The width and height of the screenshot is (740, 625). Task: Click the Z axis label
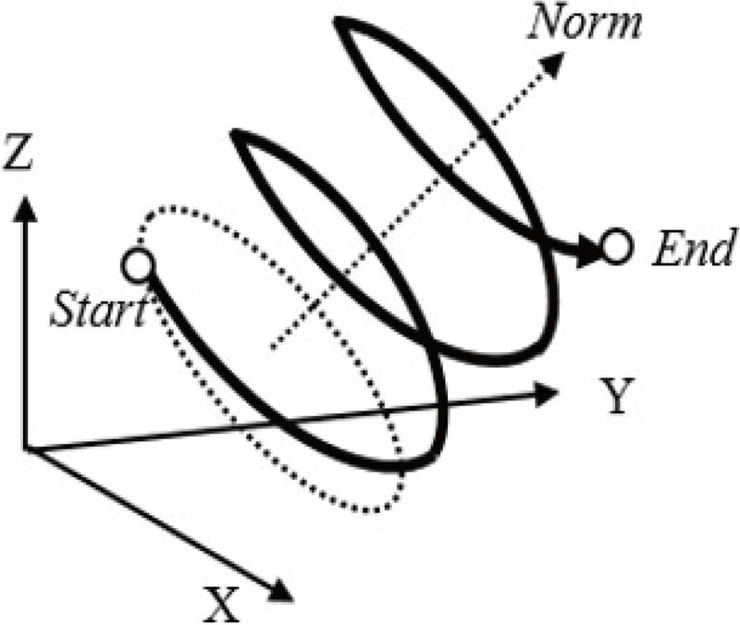[x=18, y=152]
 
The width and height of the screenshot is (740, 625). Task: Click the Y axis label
[x=616, y=396]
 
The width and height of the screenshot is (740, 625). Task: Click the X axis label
[x=221, y=605]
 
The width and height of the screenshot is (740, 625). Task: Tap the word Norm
[x=586, y=24]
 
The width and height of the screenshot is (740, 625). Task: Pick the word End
[x=694, y=248]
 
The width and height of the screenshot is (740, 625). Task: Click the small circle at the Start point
[x=137, y=265]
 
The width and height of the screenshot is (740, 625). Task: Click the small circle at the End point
[x=616, y=247]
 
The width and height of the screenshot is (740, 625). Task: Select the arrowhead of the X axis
[x=280, y=590]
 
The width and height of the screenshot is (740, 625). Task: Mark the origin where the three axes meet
[x=26, y=449]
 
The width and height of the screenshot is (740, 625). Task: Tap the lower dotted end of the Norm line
[x=273, y=349]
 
